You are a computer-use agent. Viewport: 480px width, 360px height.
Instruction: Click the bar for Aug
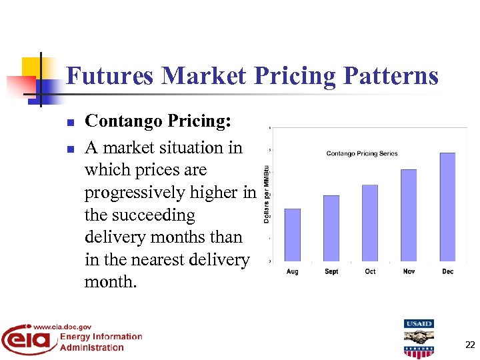(292, 235)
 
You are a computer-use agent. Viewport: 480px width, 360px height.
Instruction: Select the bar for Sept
(331, 228)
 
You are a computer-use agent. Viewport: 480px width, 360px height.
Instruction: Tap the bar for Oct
(370, 223)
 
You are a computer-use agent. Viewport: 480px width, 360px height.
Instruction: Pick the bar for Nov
(409, 215)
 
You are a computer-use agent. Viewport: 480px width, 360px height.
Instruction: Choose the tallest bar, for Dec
(447, 207)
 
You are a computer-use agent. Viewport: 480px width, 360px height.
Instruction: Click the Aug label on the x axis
(292, 271)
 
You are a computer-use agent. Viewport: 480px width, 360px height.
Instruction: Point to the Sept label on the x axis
(331, 271)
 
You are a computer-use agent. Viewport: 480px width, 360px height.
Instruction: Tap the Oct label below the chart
(370, 271)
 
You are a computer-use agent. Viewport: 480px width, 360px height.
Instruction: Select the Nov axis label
(409, 271)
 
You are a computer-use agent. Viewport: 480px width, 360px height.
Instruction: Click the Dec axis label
(447, 271)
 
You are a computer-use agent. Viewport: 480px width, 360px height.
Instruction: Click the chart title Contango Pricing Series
(362, 153)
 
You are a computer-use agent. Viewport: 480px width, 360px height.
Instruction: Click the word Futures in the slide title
(110, 76)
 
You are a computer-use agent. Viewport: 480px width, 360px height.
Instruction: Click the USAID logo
(419, 338)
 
